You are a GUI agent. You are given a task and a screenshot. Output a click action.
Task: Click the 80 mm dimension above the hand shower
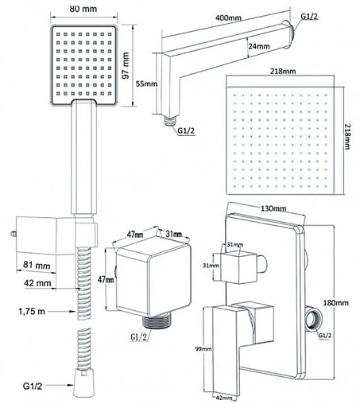click(83, 9)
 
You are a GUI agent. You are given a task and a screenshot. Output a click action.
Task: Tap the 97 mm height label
click(126, 65)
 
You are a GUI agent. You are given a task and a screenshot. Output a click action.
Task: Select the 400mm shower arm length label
click(228, 18)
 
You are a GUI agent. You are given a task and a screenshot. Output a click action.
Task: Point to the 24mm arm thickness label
click(259, 46)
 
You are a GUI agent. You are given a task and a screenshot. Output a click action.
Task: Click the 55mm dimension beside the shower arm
click(146, 84)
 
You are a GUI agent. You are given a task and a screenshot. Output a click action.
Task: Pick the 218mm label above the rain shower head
click(283, 71)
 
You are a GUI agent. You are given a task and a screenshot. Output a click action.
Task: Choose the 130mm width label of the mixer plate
click(273, 208)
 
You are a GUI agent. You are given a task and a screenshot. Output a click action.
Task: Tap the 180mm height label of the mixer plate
click(335, 302)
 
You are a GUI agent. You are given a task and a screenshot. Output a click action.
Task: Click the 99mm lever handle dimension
click(203, 349)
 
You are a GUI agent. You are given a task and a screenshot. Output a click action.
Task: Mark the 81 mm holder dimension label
click(37, 265)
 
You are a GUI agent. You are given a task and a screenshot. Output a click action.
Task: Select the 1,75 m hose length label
click(32, 311)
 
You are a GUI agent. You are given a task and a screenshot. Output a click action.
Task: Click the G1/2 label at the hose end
click(33, 386)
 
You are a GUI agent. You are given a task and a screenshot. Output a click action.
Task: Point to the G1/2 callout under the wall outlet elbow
click(138, 337)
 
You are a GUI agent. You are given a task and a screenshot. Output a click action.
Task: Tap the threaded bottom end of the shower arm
click(170, 121)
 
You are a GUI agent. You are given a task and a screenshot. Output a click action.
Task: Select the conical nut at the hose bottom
click(83, 383)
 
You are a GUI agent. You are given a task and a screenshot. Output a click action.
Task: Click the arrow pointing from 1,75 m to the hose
click(62, 311)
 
